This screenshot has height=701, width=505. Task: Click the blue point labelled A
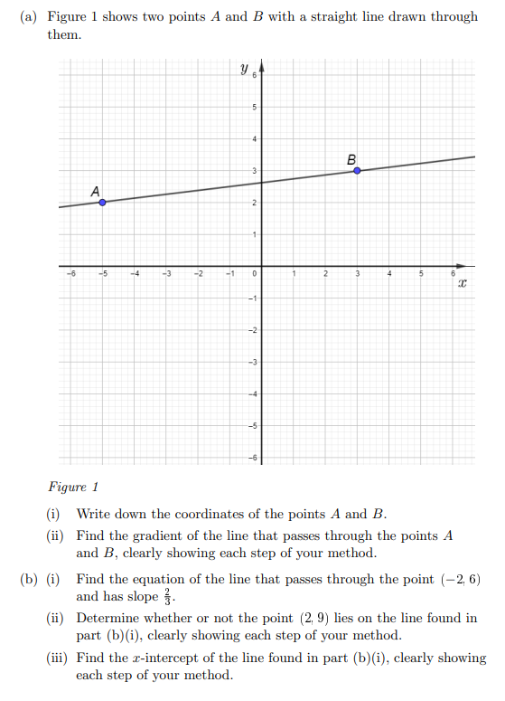click(x=102, y=203)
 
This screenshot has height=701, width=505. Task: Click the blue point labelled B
click(x=357, y=170)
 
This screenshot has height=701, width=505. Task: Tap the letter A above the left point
click(x=95, y=190)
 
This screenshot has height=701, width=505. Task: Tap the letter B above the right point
click(x=351, y=159)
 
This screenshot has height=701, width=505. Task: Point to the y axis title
click(x=243, y=68)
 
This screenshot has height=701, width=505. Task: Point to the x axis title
click(x=461, y=284)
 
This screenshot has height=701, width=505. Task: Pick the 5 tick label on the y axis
click(x=255, y=108)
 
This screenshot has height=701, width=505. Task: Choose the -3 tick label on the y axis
click(x=254, y=363)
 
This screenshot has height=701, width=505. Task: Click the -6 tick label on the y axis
click(x=254, y=458)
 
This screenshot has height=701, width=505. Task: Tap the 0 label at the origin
click(x=256, y=273)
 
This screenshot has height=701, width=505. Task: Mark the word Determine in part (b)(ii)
click(x=108, y=619)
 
